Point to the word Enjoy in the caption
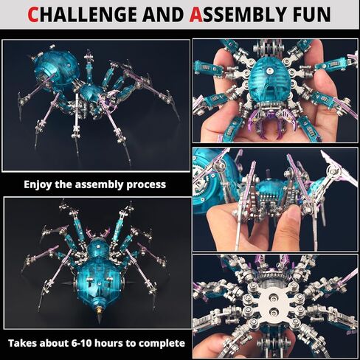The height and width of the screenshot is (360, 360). (x=39, y=184)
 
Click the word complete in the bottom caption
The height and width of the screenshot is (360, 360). (x=163, y=343)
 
